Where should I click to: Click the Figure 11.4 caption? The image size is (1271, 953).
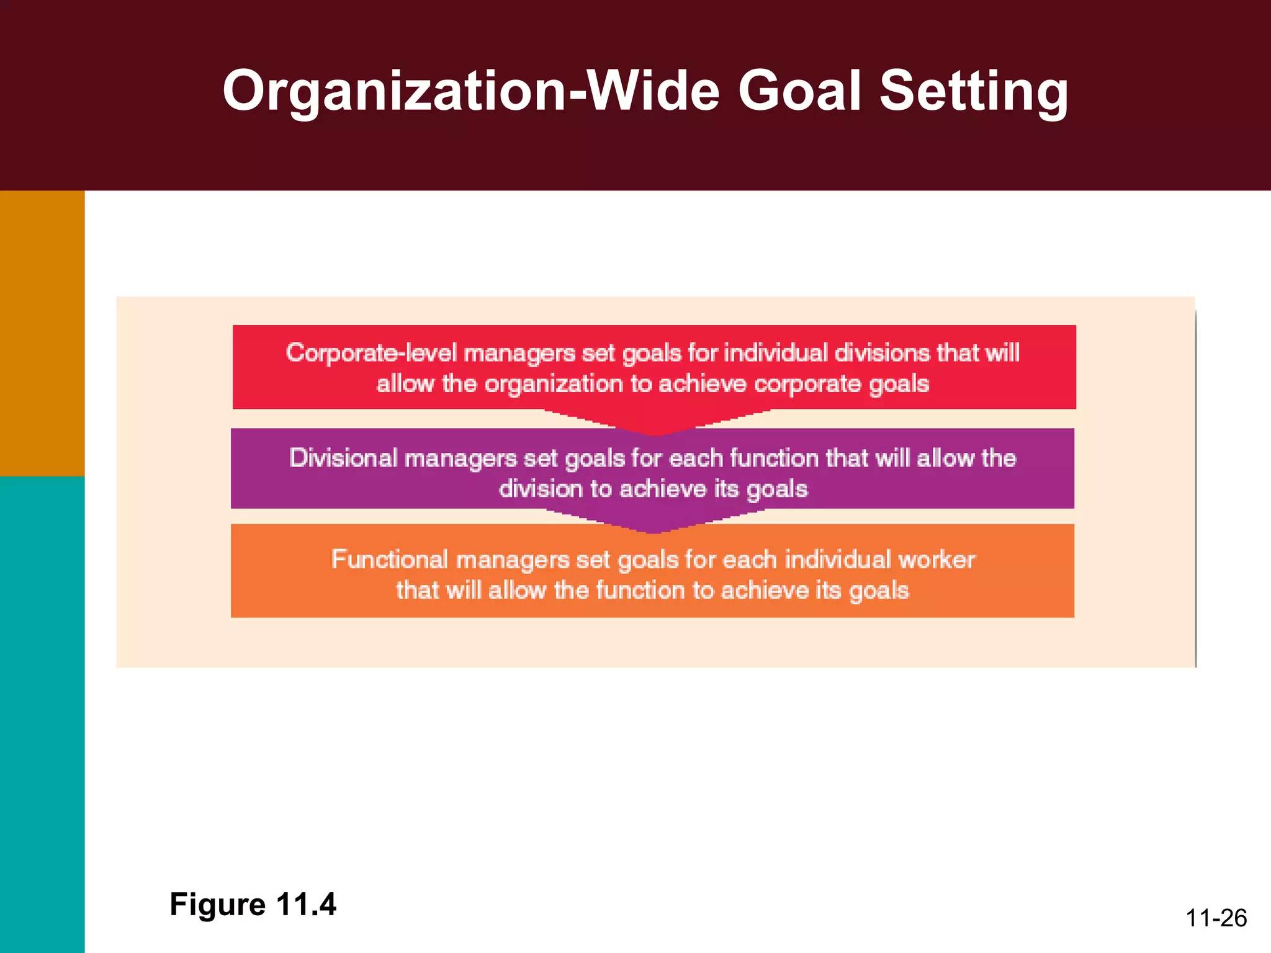(x=253, y=904)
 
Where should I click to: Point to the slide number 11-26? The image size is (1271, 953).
(x=1216, y=918)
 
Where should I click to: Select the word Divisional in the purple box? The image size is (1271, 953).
(x=343, y=458)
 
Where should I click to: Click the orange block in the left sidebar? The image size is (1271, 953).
(x=42, y=333)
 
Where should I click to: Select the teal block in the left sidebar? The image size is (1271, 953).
(x=42, y=714)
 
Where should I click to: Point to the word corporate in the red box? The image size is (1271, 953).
(x=807, y=385)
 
